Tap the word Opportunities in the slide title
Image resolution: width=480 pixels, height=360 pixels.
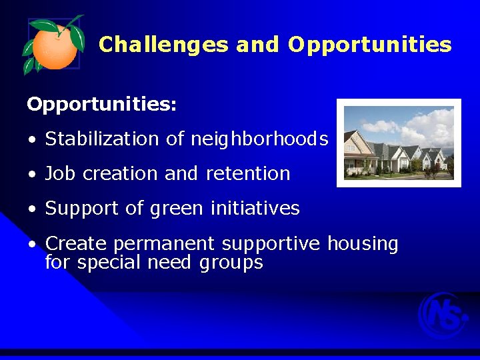point(369,45)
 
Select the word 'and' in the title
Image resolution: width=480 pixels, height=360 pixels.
point(257,45)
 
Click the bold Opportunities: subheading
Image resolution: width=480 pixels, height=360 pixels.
point(101,105)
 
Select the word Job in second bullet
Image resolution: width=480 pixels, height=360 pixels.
point(60,173)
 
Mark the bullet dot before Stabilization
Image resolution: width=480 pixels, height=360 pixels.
point(31,140)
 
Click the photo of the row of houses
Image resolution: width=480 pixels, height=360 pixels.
point(399,143)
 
